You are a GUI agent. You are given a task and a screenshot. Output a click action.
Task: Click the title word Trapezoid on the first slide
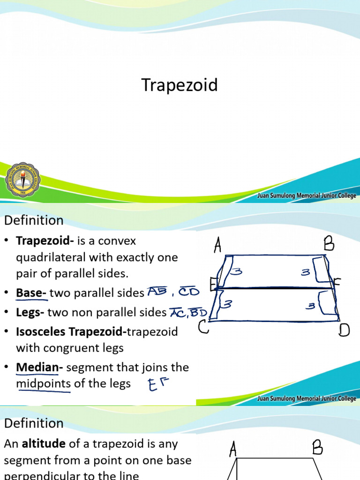click(180, 85)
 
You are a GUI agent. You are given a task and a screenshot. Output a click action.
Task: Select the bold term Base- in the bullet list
click(31, 293)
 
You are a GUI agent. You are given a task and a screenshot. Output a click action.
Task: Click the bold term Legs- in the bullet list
click(30, 312)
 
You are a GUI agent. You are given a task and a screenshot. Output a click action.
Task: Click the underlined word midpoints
click(43, 383)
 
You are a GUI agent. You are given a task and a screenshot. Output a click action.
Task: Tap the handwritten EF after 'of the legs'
click(157, 386)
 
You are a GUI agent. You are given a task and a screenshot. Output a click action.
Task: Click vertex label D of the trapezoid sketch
click(345, 330)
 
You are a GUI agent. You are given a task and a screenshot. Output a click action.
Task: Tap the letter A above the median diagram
click(217, 245)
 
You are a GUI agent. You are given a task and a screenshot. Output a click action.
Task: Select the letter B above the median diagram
click(328, 244)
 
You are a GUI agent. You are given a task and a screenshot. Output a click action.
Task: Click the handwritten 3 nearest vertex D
click(310, 306)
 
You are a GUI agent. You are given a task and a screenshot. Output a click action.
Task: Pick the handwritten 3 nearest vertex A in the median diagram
click(237, 270)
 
